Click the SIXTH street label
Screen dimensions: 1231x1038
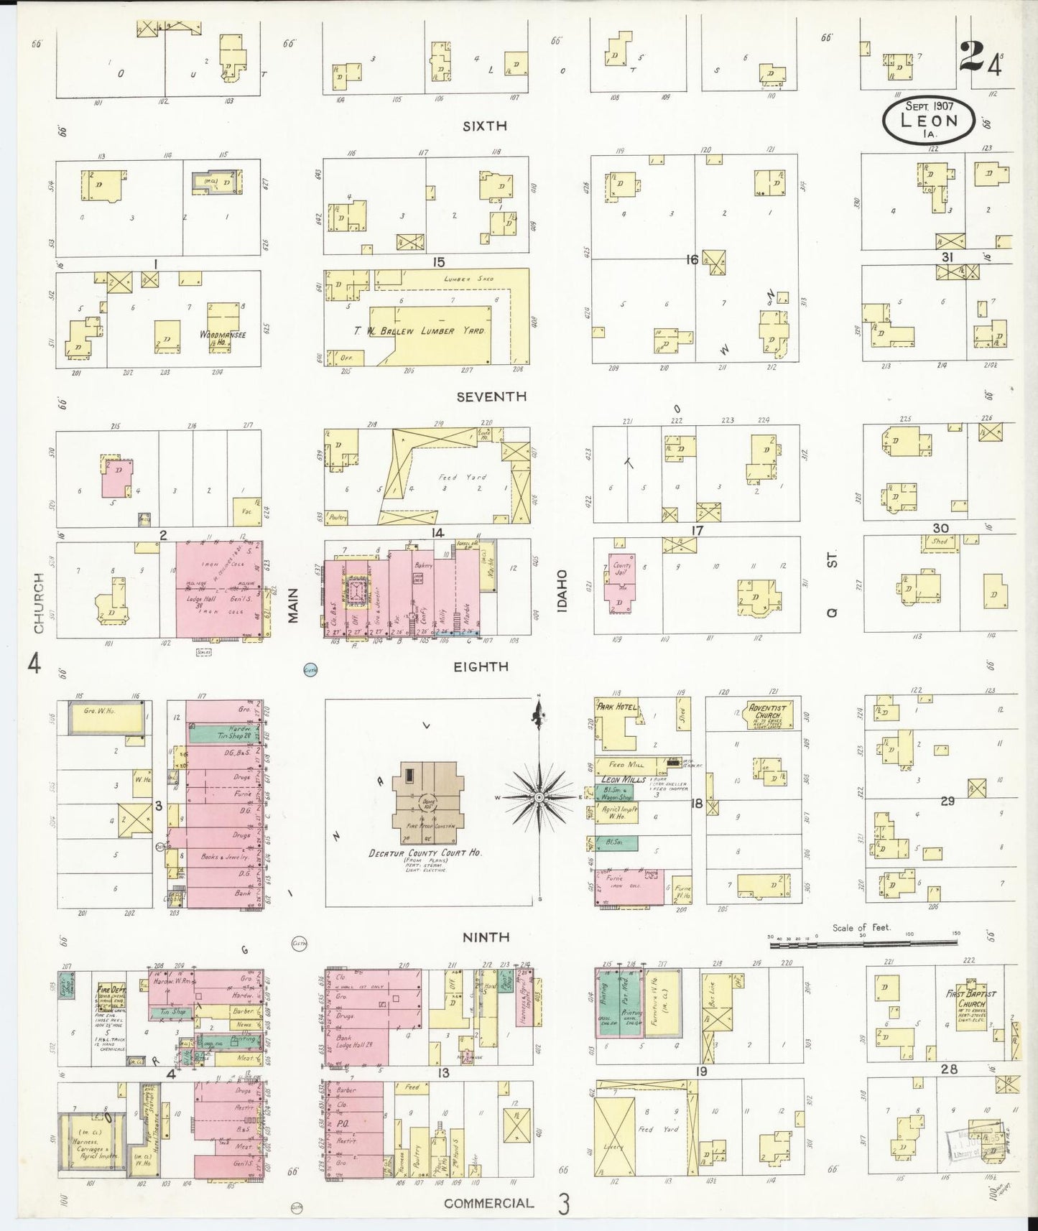pos(485,126)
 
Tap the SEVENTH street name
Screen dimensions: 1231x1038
pos(495,396)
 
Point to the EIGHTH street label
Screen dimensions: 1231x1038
pos(481,666)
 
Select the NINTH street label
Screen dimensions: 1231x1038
pos(486,937)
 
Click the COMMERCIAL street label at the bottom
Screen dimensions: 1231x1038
pos(488,1202)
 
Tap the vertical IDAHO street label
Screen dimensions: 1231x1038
pos(562,589)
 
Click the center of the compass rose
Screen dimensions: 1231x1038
pos(539,797)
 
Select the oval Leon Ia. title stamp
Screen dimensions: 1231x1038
pos(928,119)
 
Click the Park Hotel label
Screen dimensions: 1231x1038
pos(617,707)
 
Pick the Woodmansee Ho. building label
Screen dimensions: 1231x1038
pos(223,337)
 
